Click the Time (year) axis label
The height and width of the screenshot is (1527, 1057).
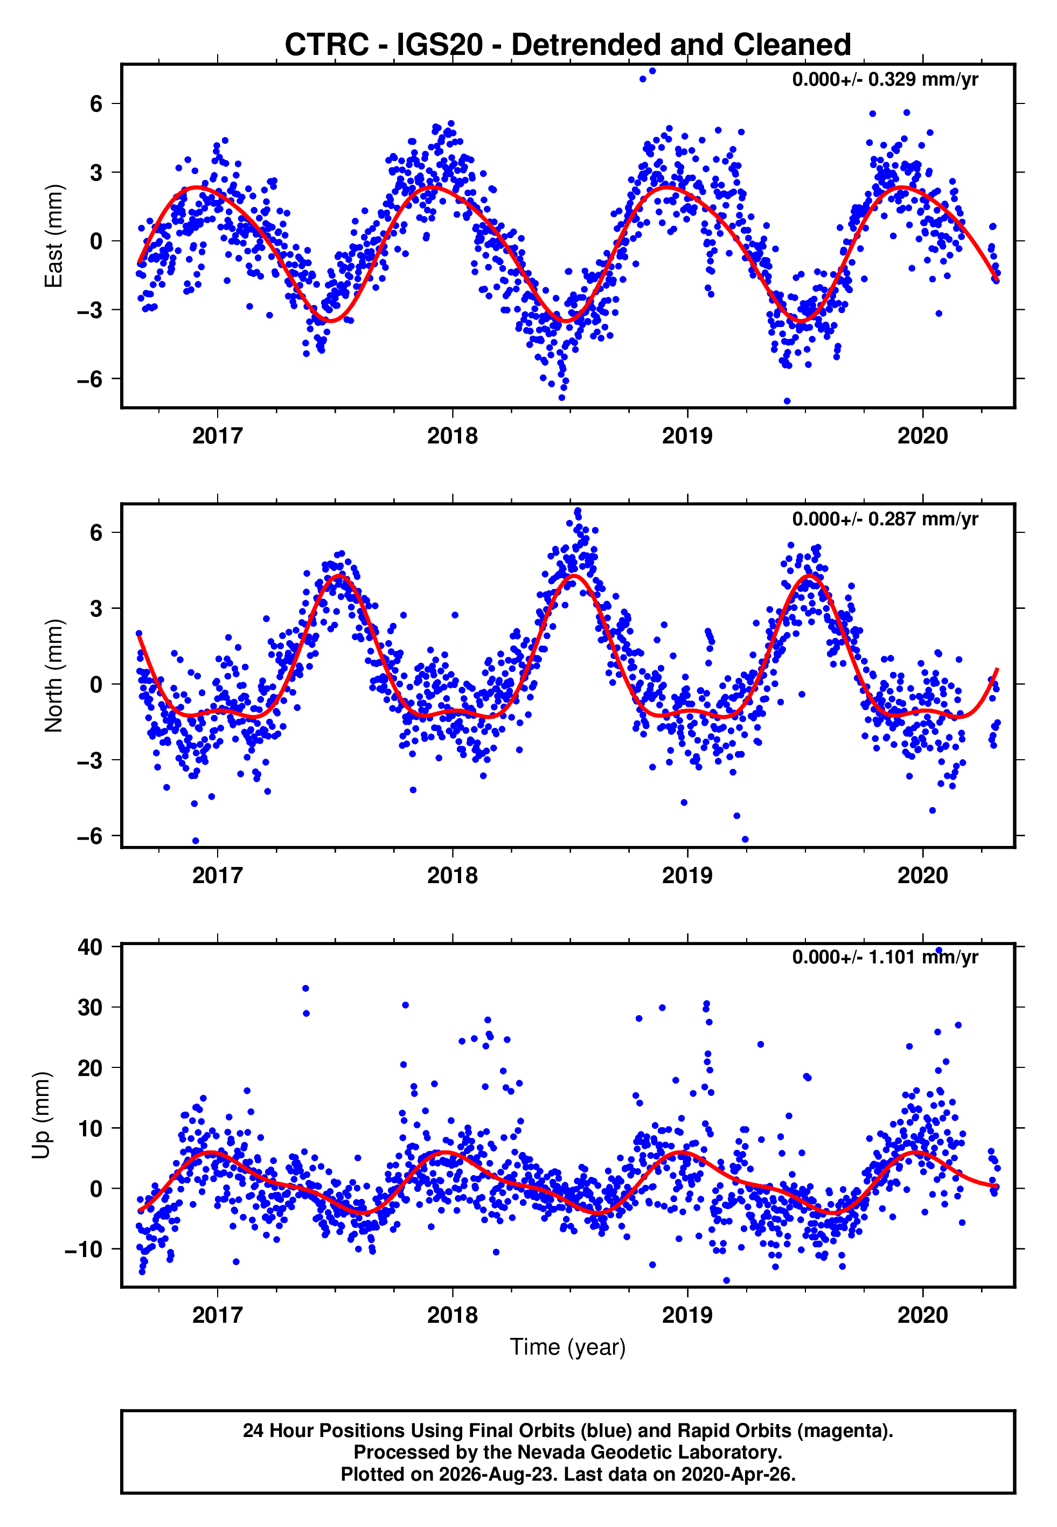coord(568,1347)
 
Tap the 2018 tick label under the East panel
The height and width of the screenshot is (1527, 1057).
coord(453,436)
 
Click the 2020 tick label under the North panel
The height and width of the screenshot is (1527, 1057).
coord(922,876)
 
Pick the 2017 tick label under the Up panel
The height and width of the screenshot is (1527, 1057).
coord(217,1315)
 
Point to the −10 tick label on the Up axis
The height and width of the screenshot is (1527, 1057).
coord(84,1250)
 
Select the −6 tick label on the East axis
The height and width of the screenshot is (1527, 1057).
coord(90,379)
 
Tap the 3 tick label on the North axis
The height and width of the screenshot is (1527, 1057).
coord(96,608)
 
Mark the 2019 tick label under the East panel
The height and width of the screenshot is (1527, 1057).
coord(687,436)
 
